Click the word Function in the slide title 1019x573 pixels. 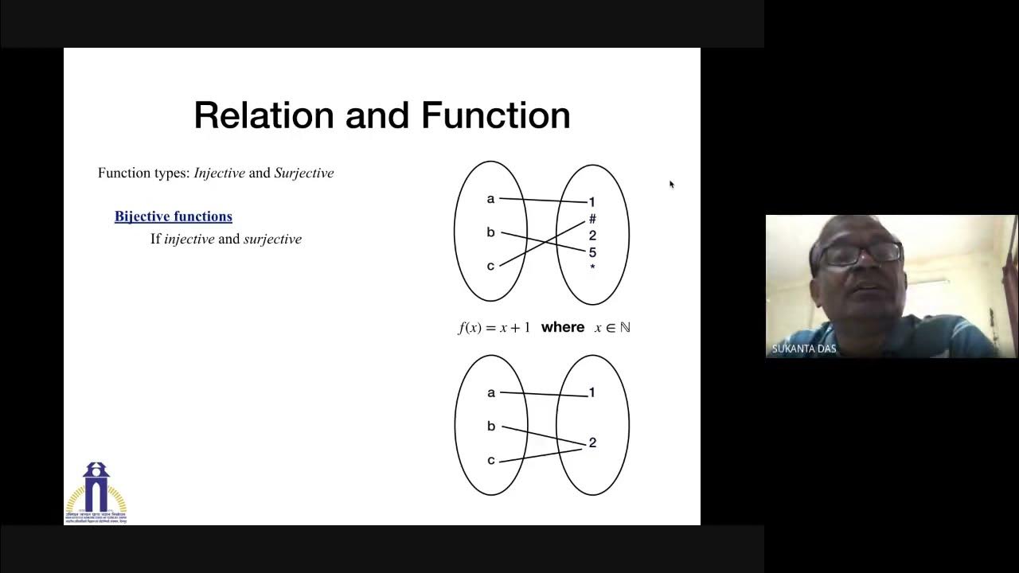pos(495,115)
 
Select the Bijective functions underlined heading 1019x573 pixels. pos(174,216)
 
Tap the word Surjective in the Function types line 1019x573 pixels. pos(304,173)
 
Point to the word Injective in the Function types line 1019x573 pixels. pos(219,173)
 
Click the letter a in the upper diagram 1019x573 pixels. pos(490,199)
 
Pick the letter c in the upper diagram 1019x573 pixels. pos(490,266)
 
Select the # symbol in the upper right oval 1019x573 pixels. pos(592,219)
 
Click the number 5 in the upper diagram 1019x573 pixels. pos(592,252)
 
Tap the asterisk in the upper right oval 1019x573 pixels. pos(592,268)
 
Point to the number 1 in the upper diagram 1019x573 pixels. pos(591,202)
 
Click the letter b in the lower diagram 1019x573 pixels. pos(491,427)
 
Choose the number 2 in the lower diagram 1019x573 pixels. pos(592,443)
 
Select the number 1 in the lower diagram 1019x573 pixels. pos(591,392)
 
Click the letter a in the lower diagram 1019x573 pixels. pos(491,392)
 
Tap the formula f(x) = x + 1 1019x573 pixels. pos(494,327)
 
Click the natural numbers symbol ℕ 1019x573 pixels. pos(625,327)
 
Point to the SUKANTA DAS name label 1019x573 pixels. pos(804,349)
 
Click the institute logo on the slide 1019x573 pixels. pos(96,491)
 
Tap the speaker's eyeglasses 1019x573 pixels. pos(860,254)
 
